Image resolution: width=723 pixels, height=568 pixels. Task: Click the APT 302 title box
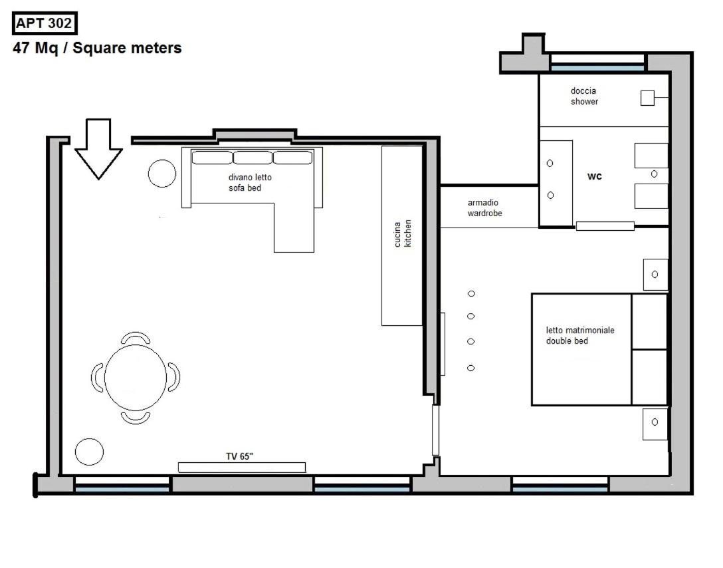point(45,23)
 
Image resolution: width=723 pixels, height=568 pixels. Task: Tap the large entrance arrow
point(98,149)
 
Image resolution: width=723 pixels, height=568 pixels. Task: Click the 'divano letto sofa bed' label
point(250,183)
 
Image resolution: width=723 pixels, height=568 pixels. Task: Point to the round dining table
point(136,377)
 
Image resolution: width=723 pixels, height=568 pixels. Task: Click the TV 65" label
point(240,456)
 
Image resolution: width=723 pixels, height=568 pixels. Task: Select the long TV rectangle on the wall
point(242,468)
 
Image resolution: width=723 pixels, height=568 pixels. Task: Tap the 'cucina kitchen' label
point(403,233)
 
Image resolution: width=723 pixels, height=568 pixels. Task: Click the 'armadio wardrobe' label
point(484,208)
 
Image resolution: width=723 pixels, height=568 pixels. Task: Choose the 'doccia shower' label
point(584,96)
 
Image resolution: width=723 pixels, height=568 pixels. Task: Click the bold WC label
point(594,176)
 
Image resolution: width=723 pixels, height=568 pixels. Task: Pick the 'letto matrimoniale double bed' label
point(580,335)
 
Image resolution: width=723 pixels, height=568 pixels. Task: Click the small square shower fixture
point(647,98)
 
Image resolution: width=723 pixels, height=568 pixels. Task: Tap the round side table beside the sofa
point(162,174)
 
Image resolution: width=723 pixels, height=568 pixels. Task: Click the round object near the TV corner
point(90,452)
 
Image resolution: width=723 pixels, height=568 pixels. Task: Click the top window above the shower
point(597,63)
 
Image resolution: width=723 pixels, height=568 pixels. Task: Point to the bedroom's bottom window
point(560,484)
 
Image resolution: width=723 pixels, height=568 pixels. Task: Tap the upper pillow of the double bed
point(649,322)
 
